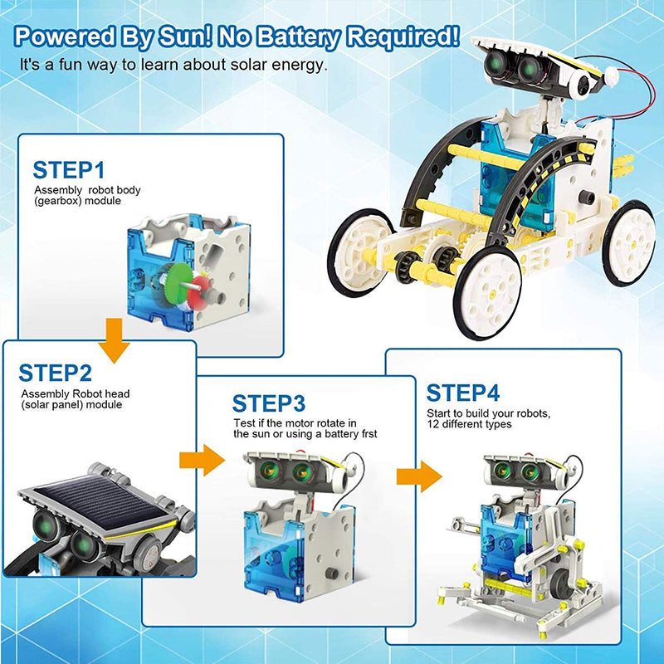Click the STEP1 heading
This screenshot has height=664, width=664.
click(69, 170)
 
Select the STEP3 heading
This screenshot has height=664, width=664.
click(269, 404)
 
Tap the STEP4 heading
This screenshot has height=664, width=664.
click(463, 392)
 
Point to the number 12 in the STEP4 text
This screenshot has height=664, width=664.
click(433, 424)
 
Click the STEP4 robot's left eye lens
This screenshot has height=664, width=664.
click(501, 471)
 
